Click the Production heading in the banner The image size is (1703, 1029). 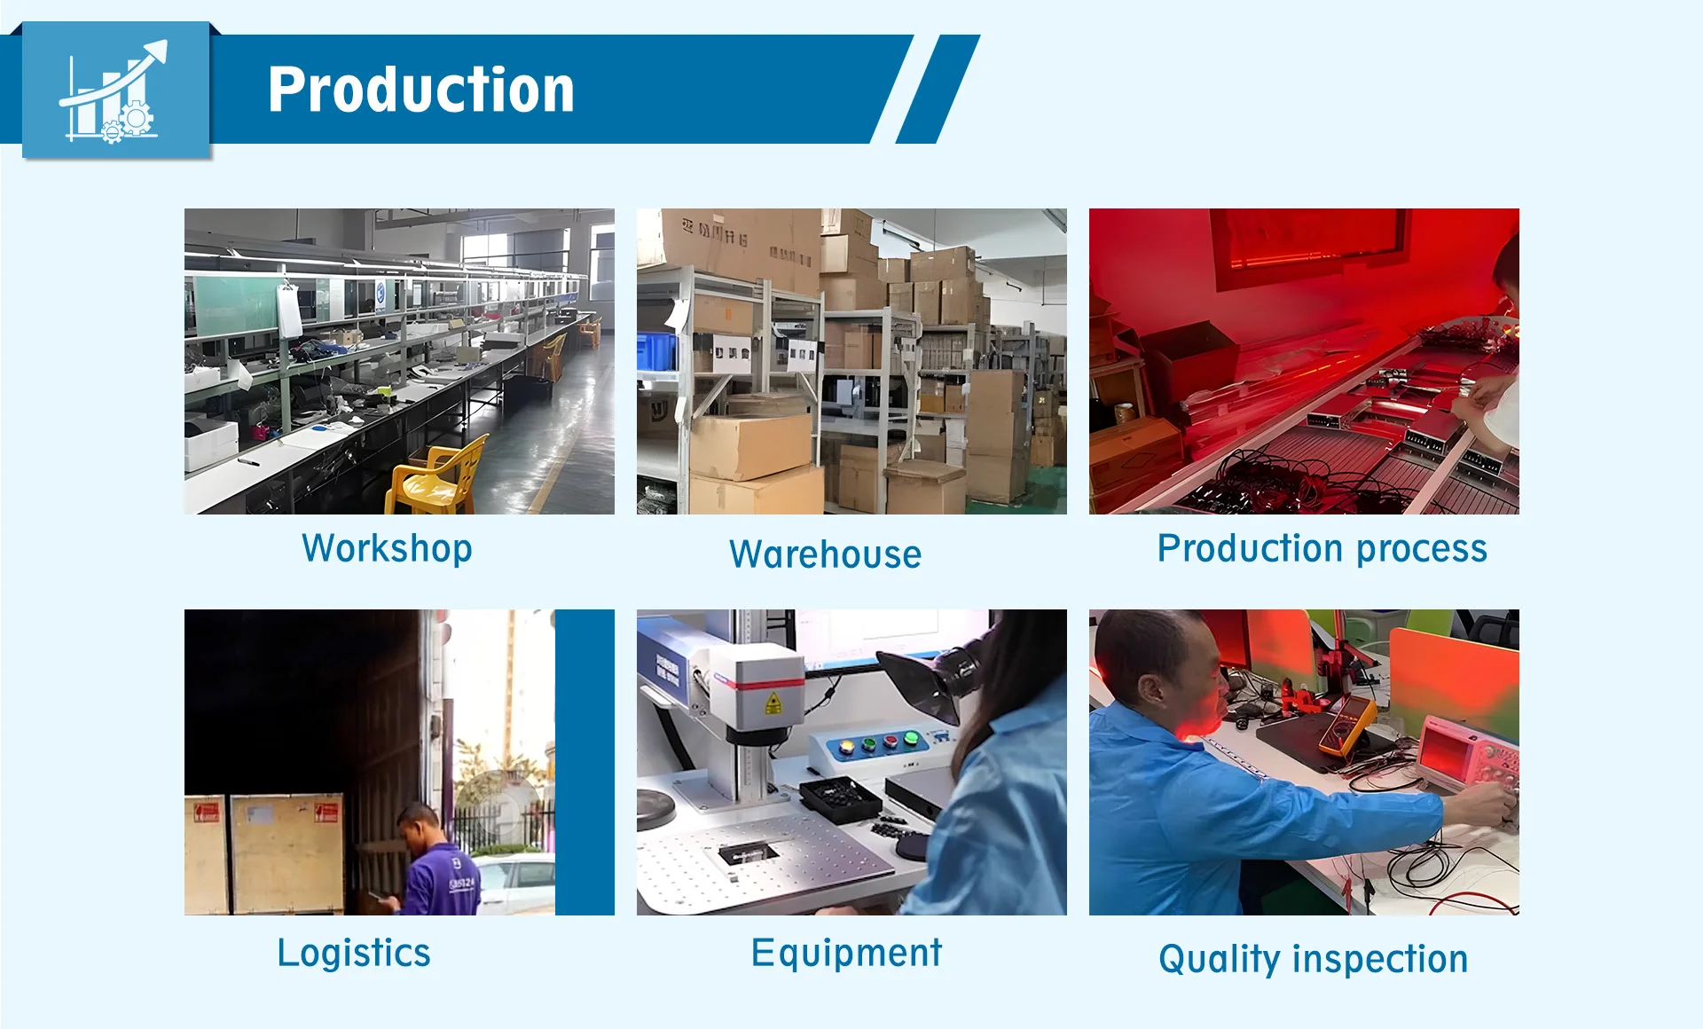pyautogui.click(x=421, y=90)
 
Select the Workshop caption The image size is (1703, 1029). pyautogui.click(x=387, y=549)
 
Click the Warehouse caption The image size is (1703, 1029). pyautogui.click(x=825, y=554)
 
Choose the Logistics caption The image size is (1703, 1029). pyautogui.click(x=354, y=954)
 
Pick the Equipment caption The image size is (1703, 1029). pyautogui.click(x=846, y=954)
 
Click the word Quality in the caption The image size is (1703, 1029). pyautogui.click(x=1220, y=960)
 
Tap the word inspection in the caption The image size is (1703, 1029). pyautogui.click(x=1380, y=960)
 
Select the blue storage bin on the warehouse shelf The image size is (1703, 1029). pyautogui.click(x=656, y=350)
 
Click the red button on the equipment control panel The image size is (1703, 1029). pyautogui.click(x=910, y=740)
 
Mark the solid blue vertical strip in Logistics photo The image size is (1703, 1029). pyautogui.click(x=585, y=762)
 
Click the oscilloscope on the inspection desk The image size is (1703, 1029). pyautogui.click(x=1466, y=753)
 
